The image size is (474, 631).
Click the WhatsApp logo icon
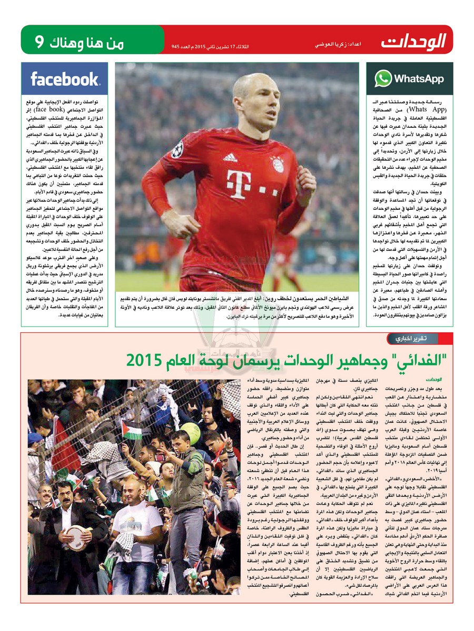tap(383, 78)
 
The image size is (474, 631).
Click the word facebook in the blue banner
tap(65, 79)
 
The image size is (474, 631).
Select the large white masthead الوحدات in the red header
tap(414, 40)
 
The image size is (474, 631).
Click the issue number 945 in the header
tap(175, 46)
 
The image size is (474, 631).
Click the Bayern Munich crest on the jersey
tap(277, 164)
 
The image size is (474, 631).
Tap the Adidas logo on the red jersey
tap(230, 157)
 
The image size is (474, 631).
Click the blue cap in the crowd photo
tap(35, 439)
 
